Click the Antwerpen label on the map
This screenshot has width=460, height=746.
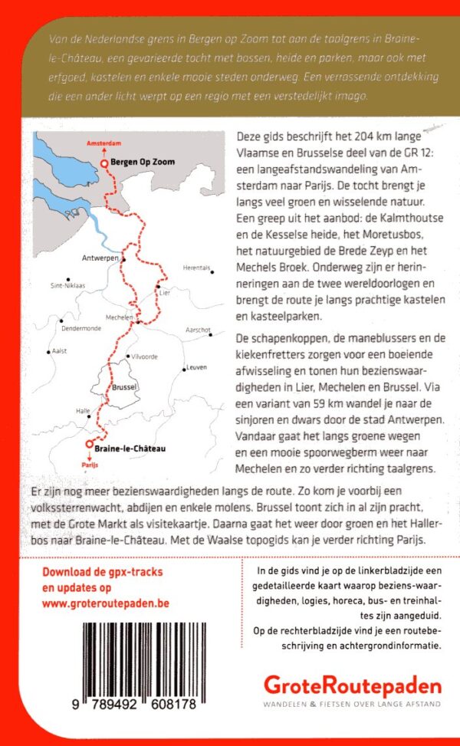(98, 258)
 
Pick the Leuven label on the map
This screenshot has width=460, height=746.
(196, 367)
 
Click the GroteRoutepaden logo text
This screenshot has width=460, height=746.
(353, 685)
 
